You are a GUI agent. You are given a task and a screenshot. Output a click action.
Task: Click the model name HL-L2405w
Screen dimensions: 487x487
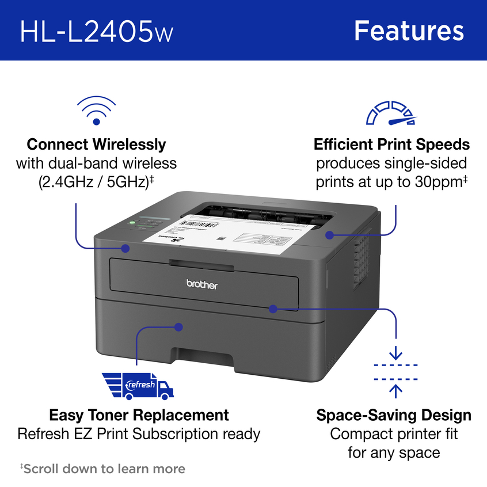coord(96,31)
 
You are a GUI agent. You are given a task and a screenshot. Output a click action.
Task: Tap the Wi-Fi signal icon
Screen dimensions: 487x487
coord(96,111)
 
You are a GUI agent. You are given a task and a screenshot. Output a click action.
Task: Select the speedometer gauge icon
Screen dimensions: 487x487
coord(391,113)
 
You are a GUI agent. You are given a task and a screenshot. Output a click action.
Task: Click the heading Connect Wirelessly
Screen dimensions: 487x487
coord(96,144)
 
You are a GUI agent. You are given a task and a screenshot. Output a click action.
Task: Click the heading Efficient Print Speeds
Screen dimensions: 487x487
coord(391,144)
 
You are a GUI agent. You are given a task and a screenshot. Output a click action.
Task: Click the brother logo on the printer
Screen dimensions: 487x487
coord(201,284)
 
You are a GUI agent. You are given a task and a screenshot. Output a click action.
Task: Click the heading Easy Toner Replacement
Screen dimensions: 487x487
coord(139,415)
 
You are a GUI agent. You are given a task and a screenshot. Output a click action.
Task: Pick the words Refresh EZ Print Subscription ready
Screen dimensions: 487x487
coord(139,433)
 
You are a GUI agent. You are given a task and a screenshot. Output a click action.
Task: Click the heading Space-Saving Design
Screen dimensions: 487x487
coord(394,415)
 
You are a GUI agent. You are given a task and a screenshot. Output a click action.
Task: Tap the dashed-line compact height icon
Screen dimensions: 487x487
coord(395,372)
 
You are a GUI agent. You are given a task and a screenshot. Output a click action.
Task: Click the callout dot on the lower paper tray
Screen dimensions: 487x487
coord(178,326)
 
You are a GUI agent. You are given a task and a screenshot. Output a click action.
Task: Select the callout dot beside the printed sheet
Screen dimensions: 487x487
coord(329,234)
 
